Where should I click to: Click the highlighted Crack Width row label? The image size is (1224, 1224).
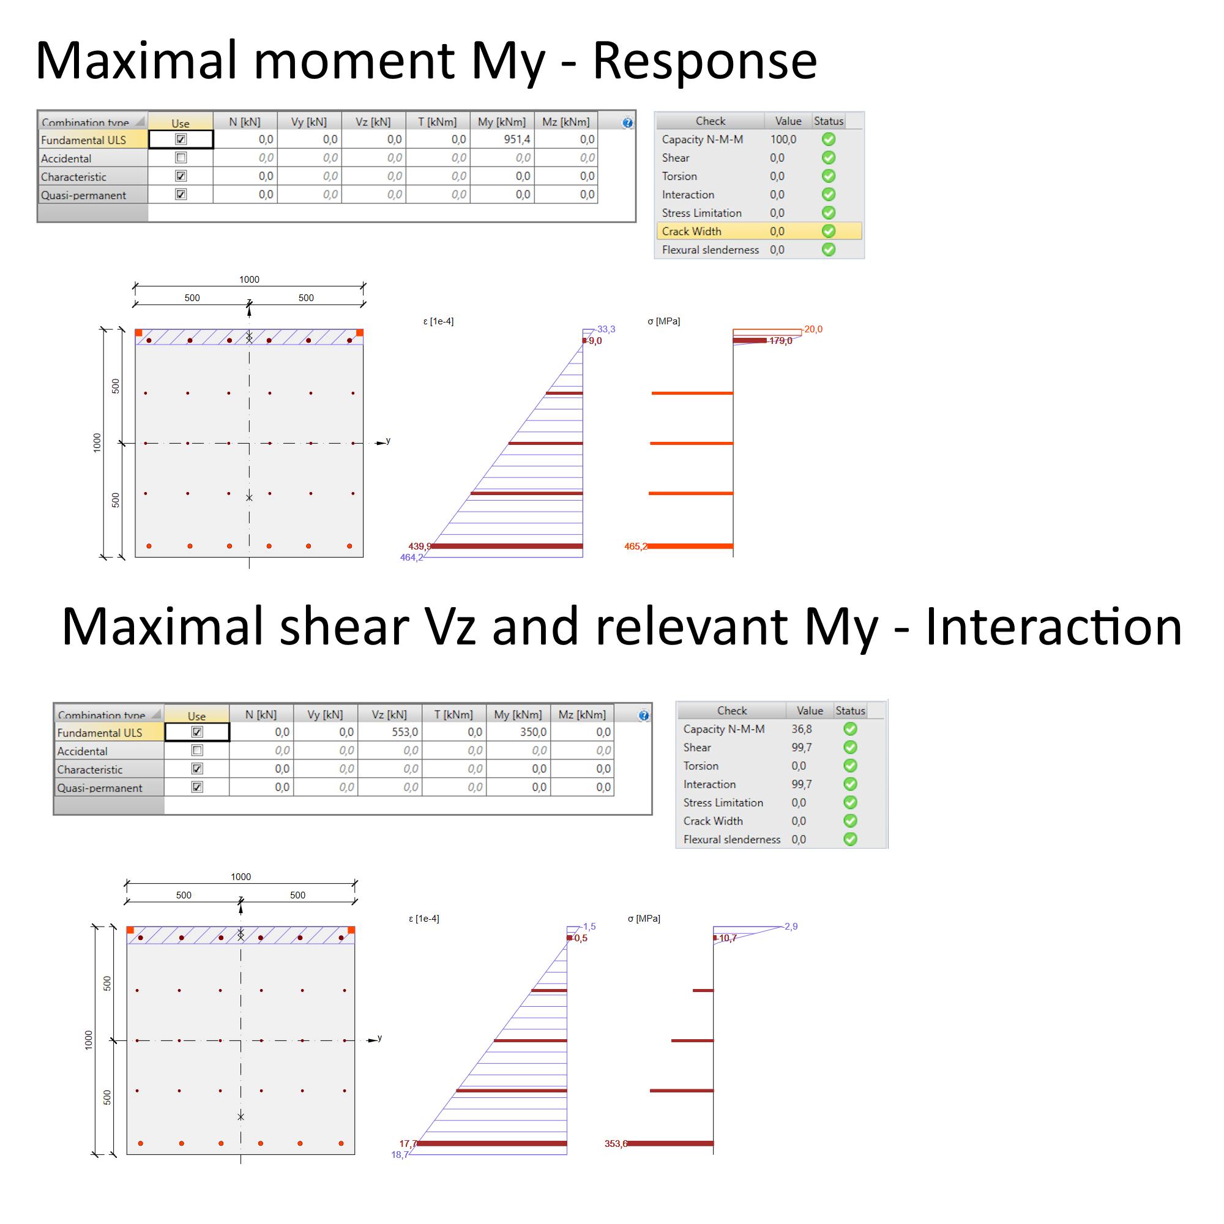pos(691,231)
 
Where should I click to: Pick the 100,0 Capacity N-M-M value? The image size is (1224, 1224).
pos(783,140)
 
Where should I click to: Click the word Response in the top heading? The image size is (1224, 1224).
pos(704,61)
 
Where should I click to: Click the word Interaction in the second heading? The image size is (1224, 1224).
pos(1053,627)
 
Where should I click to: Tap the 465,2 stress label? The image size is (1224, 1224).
pos(635,546)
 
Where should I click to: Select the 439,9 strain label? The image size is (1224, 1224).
pos(419,546)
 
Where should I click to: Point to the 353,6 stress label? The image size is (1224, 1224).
pos(615,1144)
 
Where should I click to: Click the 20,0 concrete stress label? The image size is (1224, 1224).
pos(813,329)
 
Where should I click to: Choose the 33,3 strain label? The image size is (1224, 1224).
pos(606,329)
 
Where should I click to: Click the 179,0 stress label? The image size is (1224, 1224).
pos(780,341)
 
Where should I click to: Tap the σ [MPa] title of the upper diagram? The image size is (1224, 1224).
pos(663,321)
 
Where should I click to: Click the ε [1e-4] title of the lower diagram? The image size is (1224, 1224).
pos(424,919)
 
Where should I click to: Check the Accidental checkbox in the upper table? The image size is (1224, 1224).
pos(181,158)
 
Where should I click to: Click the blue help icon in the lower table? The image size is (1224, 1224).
pos(644,715)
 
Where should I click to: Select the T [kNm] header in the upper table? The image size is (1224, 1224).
pos(437,122)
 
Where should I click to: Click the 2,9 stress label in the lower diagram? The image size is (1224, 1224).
pos(791,926)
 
